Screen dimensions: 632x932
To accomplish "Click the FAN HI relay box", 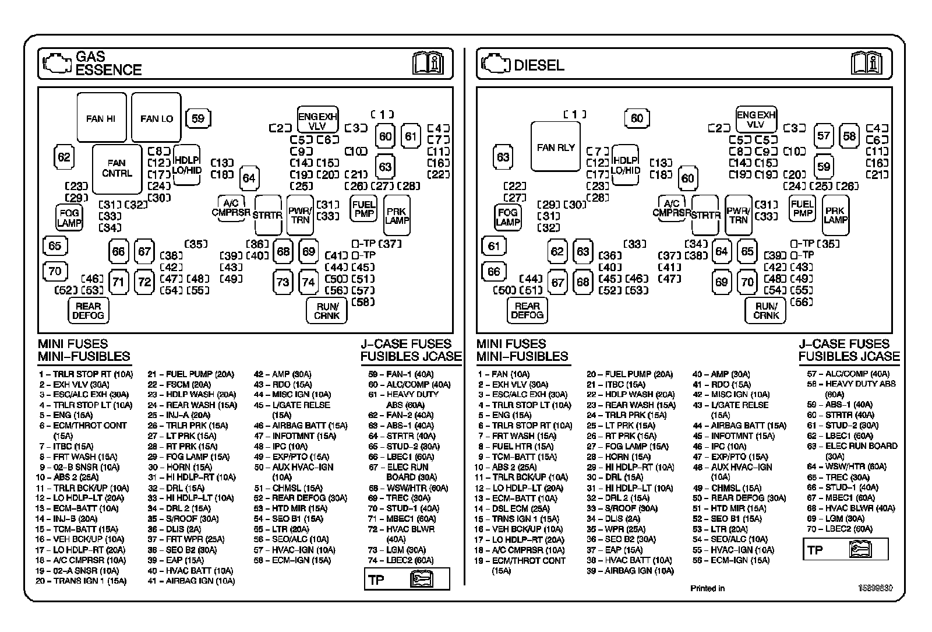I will [101, 118].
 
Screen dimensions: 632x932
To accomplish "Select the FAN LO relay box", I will [156, 118].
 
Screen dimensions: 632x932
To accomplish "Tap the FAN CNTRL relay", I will [116, 168].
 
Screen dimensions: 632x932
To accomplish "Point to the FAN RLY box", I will [555, 148].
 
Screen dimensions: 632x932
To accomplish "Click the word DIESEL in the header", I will [539, 65].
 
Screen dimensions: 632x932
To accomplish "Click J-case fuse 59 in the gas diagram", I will [198, 118].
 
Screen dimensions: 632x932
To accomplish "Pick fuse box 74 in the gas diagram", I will [308, 282].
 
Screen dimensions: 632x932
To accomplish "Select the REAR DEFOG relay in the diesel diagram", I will [527, 310].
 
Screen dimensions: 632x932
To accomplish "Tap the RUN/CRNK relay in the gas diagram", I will [326, 310].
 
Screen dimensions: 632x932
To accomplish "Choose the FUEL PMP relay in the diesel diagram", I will [802, 208].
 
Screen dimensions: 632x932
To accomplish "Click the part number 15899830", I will [874, 588].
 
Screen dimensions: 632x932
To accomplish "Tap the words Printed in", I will [707, 588].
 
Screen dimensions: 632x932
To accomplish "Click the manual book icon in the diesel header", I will [866, 63].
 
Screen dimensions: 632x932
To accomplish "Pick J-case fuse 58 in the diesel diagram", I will [849, 136].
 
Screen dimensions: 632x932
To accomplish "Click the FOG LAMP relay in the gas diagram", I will [69, 217].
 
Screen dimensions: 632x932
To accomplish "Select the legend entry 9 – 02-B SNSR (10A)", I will [79, 467].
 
